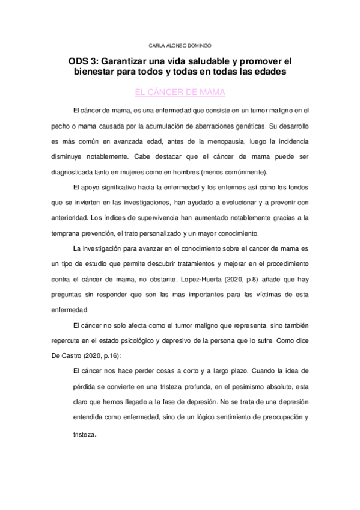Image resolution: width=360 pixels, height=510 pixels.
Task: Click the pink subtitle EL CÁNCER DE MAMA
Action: (180, 93)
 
